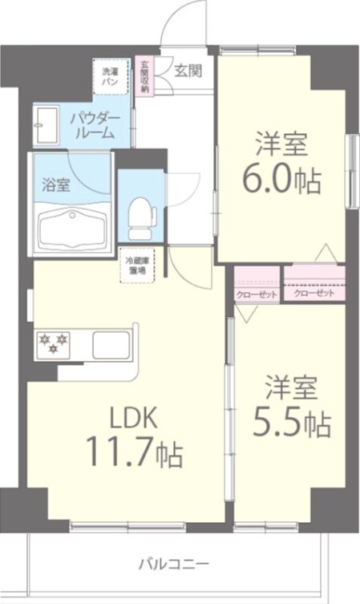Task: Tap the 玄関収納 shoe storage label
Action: pos(144,77)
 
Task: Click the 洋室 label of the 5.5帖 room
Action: pos(291,387)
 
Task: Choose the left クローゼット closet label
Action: pos(257,294)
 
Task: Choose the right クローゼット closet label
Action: pos(313,294)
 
